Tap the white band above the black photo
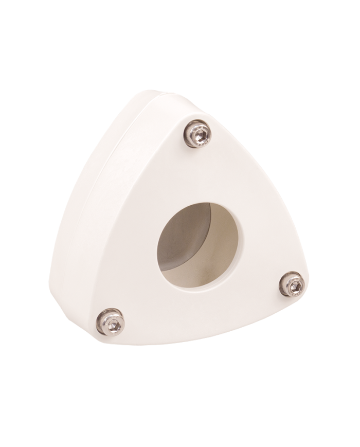[x=180, y=21]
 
